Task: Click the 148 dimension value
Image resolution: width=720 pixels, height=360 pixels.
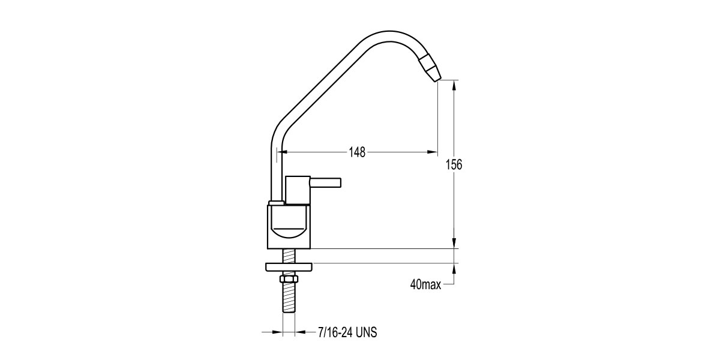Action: click(357, 152)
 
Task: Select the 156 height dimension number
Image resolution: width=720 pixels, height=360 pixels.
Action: click(455, 164)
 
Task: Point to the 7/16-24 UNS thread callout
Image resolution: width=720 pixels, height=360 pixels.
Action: click(347, 332)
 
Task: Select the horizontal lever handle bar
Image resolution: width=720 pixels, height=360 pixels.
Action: click(325, 181)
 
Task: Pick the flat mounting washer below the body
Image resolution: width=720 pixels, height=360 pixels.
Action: click(288, 267)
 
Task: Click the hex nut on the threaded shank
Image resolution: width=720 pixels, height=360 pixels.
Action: click(288, 280)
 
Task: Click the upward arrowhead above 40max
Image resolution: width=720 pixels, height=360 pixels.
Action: click(455, 269)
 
